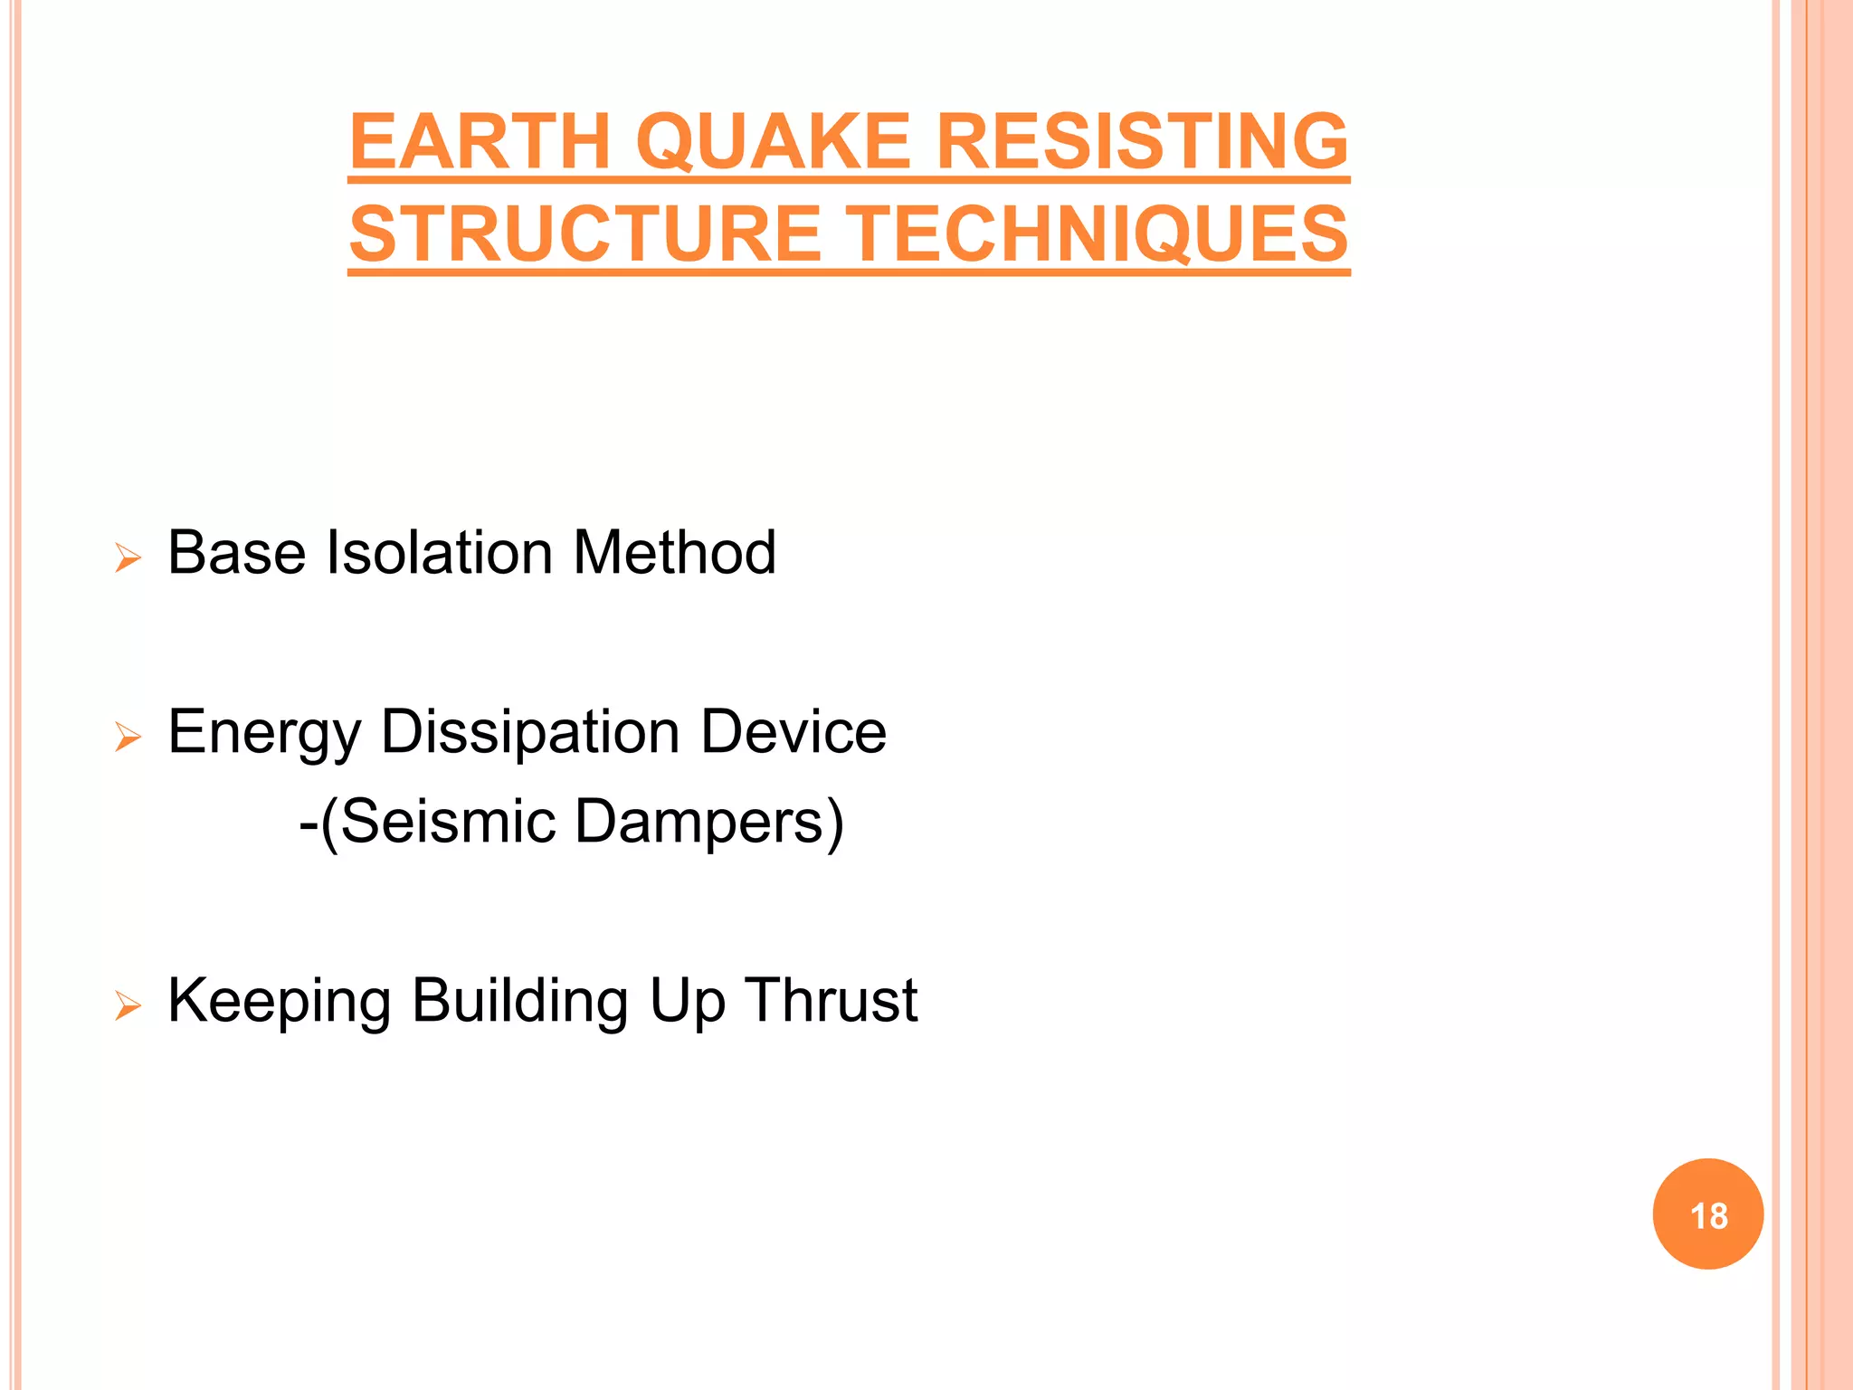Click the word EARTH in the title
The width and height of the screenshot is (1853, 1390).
click(x=480, y=142)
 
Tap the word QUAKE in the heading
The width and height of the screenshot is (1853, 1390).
click(x=773, y=142)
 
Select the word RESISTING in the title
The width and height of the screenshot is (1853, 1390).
click(x=1142, y=142)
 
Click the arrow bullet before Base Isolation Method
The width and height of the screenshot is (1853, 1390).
click(x=128, y=558)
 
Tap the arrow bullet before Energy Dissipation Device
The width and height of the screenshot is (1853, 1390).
click(x=128, y=738)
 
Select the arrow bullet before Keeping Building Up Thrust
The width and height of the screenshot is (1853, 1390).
click(x=128, y=1005)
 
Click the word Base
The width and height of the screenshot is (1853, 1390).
click(x=237, y=553)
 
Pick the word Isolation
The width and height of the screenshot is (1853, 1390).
click(x=439, y=553)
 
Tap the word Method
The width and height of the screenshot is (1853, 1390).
click(x=674, y=553)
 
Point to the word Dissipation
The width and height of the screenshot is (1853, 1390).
click(x=530, y=733)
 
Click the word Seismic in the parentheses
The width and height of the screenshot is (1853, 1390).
click(x=447, y=822)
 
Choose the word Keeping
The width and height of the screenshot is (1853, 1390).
click(x=279, y=1002)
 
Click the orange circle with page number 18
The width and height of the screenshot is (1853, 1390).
click(x=1707, y=1214)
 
